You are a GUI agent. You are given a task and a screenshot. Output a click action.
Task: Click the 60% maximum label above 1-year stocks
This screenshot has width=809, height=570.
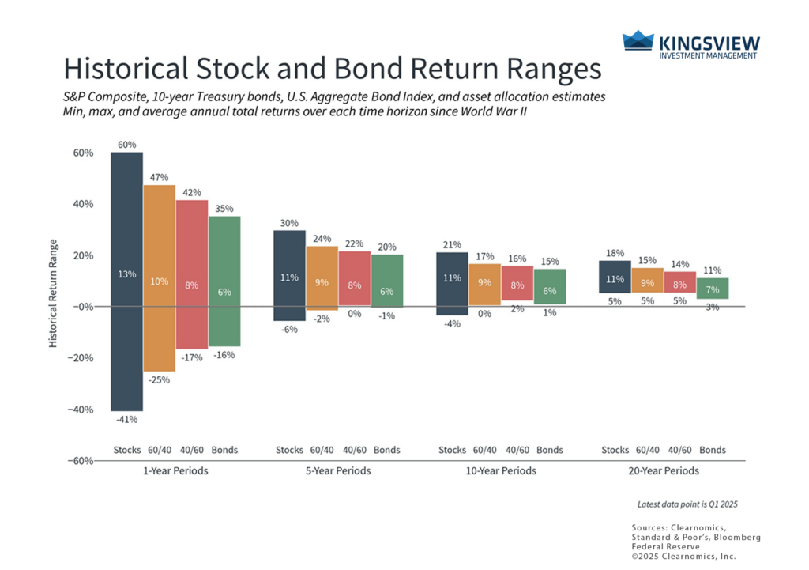coord(126,145)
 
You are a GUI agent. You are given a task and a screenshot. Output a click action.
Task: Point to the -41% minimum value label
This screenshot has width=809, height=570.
coord(126,419)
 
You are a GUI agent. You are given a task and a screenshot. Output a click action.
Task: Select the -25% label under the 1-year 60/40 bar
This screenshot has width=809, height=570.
coord(160,380)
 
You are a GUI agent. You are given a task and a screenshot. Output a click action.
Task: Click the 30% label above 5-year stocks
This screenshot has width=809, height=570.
coord(289,223)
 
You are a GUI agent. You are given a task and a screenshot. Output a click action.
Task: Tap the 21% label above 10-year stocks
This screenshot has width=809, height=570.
coord(452,245)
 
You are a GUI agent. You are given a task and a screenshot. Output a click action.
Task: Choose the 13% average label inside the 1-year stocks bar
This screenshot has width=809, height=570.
coord(127,274)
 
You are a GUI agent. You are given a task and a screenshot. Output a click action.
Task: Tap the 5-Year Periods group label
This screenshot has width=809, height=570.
coord(337,471)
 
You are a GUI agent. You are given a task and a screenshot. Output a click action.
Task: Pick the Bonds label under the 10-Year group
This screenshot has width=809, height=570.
coord(549,450)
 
